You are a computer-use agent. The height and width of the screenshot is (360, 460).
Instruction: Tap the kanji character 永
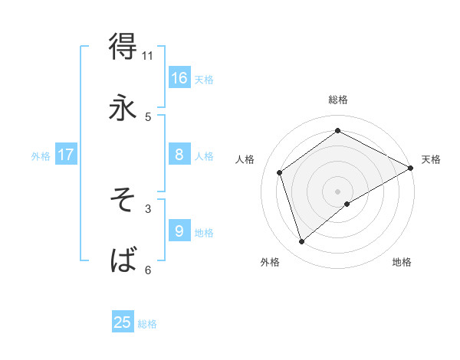[x=123, y=108]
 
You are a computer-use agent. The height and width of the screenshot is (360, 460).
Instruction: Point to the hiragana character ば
[x=123, y=260]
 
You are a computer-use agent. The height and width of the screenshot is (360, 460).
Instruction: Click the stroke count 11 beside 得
[x=148, y=56]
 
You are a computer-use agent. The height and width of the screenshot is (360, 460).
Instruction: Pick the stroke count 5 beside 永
[x=148, y=117]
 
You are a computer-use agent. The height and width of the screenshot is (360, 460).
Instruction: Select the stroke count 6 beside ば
[x=148, y=270]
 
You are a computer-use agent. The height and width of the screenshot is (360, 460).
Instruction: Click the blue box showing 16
[x=179, y=78]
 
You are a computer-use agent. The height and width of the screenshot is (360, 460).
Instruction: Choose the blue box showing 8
[x=179, y=155]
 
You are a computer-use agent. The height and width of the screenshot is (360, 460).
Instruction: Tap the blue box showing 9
[x=179, y=231]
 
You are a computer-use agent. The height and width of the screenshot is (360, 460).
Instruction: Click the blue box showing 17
[x=66, y=155]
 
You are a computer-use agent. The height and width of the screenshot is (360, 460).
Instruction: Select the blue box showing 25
[x=123, y=322]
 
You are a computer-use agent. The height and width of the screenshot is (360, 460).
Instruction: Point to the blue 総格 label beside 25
[x=147, y=324]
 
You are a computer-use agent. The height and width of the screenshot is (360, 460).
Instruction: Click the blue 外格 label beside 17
[x=41, y=156]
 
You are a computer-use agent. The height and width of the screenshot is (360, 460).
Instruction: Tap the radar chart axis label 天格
[x=431, y=159]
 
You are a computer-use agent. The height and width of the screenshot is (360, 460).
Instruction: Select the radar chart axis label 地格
[x=402, y=262]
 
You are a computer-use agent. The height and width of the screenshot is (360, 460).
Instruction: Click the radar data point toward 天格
[x=411, y=168]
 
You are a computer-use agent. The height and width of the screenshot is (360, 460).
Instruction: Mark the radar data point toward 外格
[x=302, y=242]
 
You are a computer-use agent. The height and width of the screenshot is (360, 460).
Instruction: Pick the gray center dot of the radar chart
[x=338, y=191]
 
